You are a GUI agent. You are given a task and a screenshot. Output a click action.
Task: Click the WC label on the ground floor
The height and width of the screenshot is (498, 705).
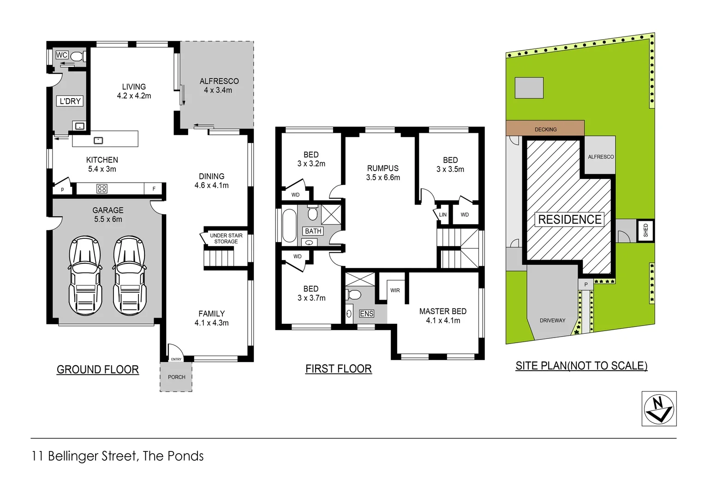pos(61,55)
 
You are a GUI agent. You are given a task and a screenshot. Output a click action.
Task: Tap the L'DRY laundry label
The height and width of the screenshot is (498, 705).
pos(70,101)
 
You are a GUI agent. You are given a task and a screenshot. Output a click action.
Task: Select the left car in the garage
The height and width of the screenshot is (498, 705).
pos(85,276)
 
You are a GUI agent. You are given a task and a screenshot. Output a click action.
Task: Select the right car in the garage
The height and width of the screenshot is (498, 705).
pos(129,276)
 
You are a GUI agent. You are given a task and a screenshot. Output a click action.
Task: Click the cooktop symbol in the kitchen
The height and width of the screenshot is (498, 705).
pos(102,189)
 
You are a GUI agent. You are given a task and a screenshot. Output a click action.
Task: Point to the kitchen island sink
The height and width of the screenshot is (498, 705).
pos(98,140)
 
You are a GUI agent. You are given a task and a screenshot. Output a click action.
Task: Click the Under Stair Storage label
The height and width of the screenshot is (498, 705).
pos(226,238)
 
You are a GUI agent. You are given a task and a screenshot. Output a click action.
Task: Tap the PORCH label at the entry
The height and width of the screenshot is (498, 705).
pos(176,377)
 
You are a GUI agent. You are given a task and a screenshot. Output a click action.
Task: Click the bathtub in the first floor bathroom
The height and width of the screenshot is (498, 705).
pos(289,225)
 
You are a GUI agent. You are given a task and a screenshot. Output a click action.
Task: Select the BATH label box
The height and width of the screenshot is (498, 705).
pos(313,231)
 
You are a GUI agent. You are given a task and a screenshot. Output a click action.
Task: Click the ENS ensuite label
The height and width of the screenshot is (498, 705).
pos(366,314)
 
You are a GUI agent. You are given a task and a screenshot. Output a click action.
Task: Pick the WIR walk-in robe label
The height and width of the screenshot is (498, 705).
pos(395,290)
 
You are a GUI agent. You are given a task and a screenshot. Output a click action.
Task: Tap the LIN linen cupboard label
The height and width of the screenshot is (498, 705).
pos(442,215)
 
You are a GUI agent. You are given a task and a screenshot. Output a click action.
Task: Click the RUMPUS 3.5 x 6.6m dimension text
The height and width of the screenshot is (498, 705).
pos(383,178)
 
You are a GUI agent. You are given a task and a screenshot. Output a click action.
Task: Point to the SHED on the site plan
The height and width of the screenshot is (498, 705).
pos(645,231)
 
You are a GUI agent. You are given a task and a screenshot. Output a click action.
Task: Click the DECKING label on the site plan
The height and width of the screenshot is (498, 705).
pos(545,130)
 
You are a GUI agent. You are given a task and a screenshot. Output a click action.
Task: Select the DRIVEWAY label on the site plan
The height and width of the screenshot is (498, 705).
pos(552,320)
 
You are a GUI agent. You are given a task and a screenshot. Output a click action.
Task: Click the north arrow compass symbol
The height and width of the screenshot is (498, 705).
pos(659,409)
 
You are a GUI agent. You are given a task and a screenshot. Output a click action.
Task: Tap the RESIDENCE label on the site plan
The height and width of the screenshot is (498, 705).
pos(570,219)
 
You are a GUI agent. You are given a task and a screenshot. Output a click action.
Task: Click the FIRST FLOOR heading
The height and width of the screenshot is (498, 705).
pos(338,369)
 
